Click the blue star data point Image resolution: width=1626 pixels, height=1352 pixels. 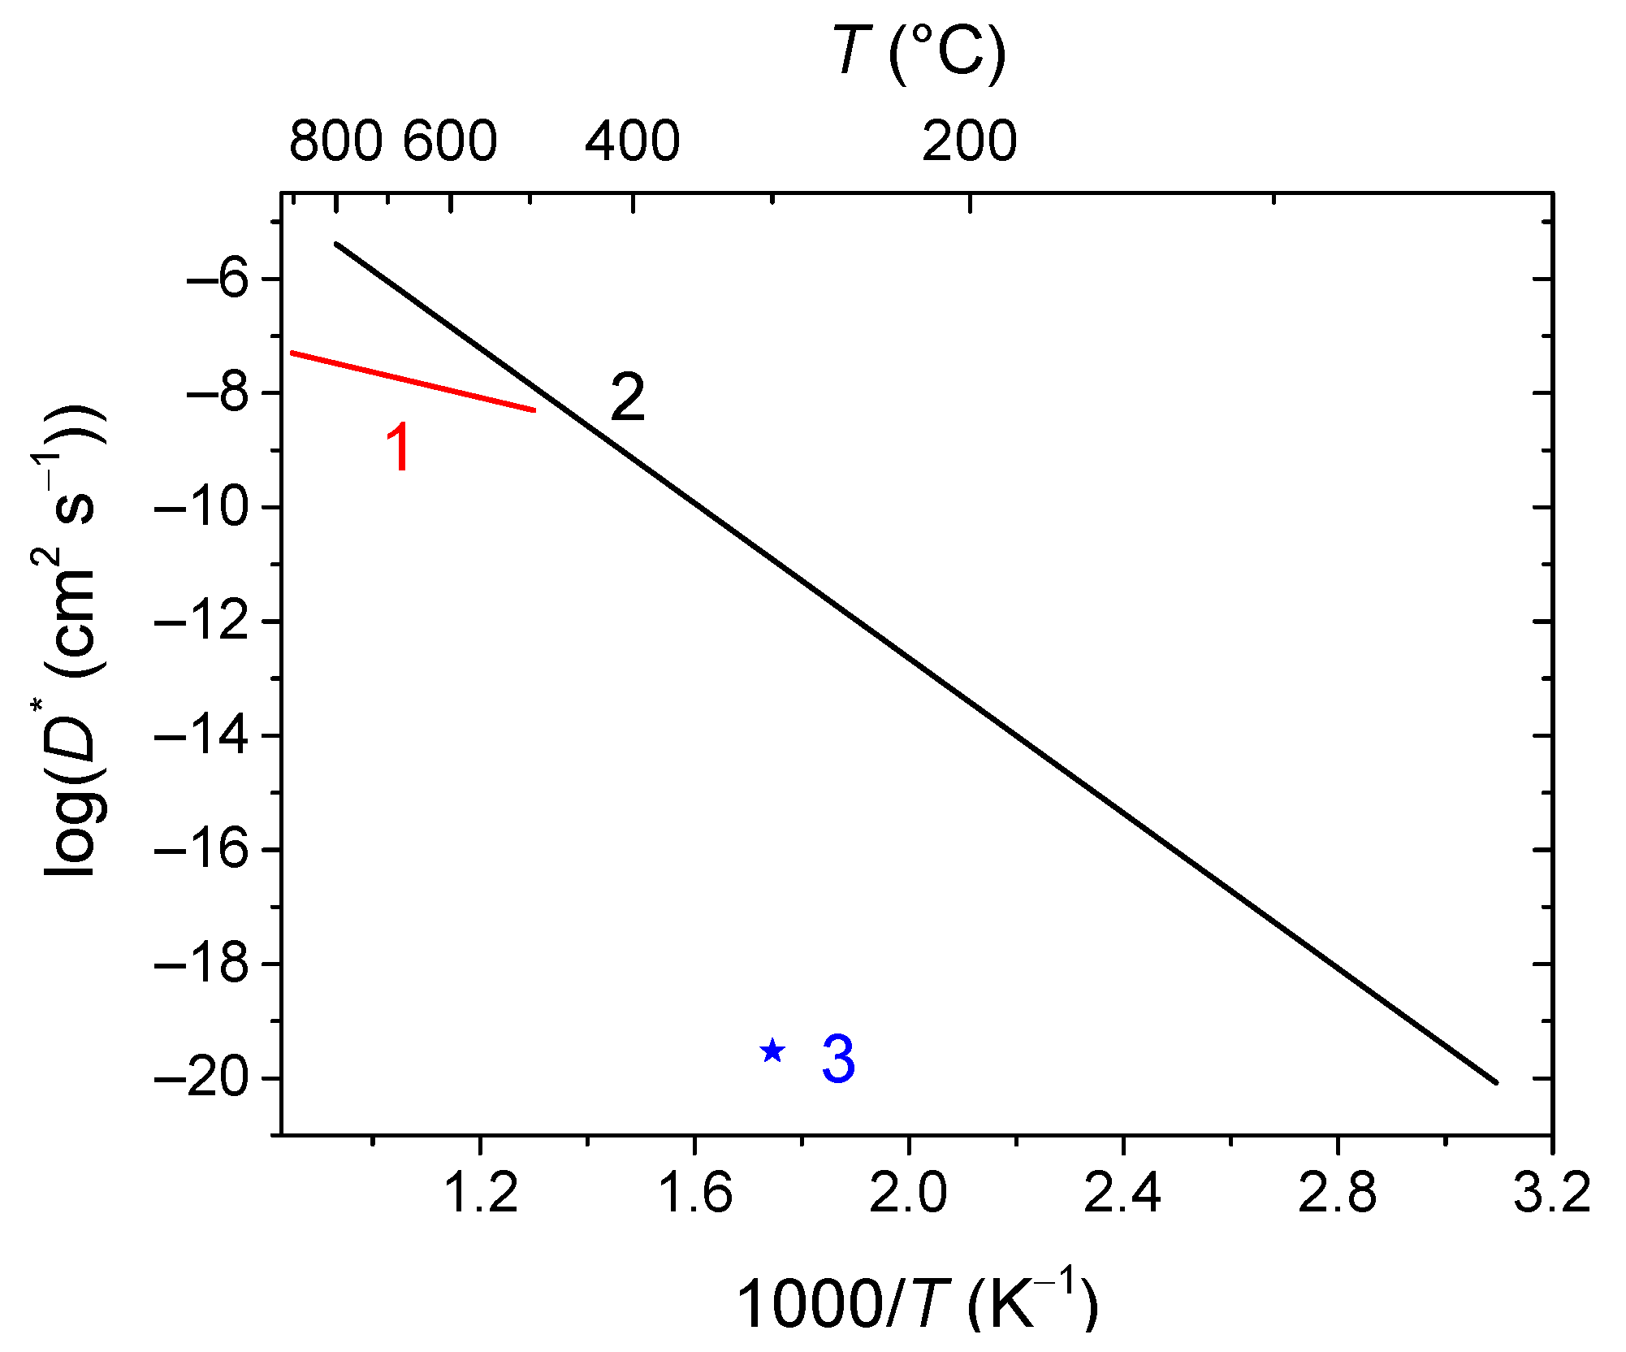point(772,1051)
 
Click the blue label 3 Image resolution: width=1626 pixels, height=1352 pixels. point(838,1059)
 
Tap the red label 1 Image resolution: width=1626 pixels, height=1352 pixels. point(399,448)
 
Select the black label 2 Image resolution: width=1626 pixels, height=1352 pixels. point(627,398)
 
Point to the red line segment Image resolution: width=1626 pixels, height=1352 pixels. point(413,382)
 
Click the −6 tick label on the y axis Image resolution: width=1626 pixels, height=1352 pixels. point(217,279)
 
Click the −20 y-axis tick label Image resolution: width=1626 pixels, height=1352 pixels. point(201,1079)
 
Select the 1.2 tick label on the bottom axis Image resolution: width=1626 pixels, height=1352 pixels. point(481,1194)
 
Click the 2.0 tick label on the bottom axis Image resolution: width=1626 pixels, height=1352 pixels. point(908,1194)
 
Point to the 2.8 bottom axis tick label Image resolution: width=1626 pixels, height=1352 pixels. point(1337,1194)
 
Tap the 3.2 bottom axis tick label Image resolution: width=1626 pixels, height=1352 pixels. point(1551,1194)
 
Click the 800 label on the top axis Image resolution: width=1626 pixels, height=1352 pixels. point(335,141)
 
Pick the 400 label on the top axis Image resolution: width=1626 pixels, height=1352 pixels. point(632,141)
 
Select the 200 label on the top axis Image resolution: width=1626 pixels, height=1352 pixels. point(969,141)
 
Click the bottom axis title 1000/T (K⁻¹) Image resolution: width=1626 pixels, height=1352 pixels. point(917,1302)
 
